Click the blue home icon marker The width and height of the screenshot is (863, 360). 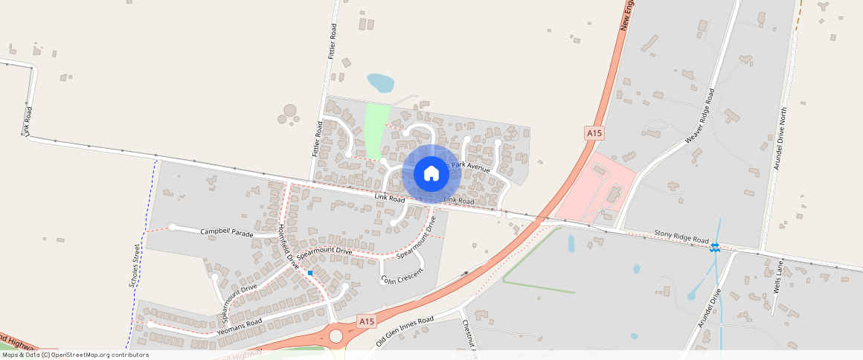[431, 173]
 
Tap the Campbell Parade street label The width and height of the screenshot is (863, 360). [228, 232]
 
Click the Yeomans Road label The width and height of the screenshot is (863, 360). [241, 325]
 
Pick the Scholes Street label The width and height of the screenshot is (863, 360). [135, 266]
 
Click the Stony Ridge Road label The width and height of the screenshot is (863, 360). [681, 237]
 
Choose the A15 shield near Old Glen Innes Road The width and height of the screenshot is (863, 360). [365, 321]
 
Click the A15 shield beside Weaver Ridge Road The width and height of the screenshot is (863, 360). [594, 132]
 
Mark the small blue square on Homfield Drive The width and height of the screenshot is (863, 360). [310, 273]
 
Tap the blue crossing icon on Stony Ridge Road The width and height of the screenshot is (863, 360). [714, 247]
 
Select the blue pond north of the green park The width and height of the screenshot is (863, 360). [380, 82]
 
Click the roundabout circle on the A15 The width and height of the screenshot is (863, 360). [336, 336]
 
